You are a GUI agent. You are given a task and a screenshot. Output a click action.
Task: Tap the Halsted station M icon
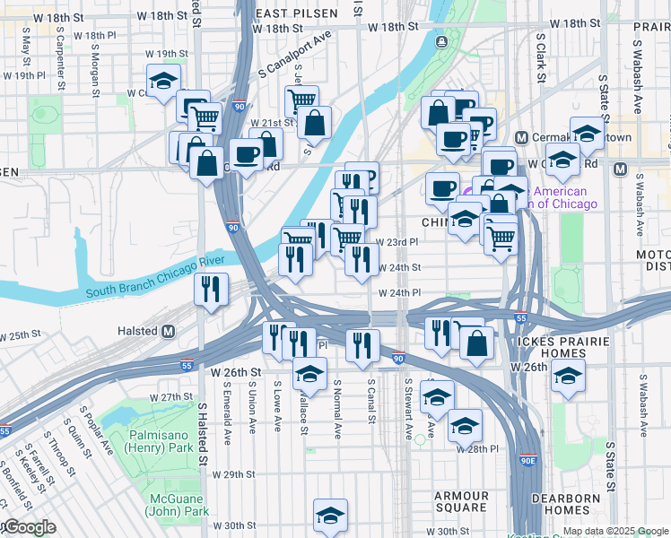[168, 331]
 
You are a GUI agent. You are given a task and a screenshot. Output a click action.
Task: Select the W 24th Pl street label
[399, 292]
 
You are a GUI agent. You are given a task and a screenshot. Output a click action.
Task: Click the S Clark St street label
[541, 58]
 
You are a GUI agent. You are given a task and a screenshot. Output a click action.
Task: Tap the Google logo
[29, 528]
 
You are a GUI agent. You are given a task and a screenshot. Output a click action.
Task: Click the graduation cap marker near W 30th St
[330, 515]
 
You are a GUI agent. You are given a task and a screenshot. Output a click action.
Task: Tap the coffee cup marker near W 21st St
[246, 154]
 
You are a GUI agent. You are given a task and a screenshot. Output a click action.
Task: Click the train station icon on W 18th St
[440, 42]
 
